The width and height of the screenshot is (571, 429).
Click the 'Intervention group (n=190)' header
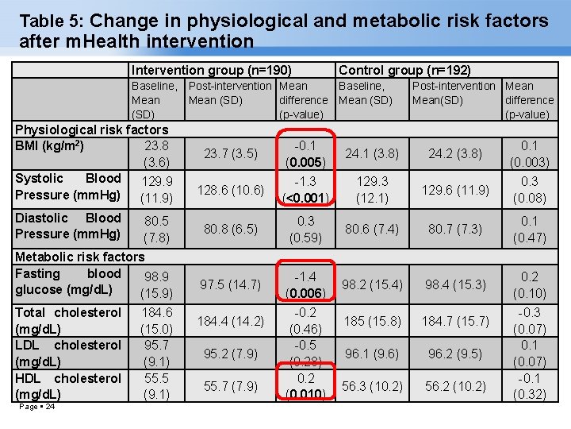212,70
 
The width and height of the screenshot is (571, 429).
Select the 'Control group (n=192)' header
404,70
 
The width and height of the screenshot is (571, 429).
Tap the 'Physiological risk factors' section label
92,129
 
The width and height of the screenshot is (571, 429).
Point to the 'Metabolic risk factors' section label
80,257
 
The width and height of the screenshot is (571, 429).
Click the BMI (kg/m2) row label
50,145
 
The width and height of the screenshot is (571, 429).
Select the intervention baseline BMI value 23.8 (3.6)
156,154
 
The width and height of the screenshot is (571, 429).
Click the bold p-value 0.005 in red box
305,163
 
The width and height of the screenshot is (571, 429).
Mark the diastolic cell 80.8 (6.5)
229,230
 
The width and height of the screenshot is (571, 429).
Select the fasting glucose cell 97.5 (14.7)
229,284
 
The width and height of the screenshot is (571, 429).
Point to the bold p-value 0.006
305,293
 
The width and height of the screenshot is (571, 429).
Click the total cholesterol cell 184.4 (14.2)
229,321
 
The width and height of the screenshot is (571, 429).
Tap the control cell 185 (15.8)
373,321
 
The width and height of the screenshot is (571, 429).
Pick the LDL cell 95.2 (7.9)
229,354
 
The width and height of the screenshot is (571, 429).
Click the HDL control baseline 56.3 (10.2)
373,386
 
